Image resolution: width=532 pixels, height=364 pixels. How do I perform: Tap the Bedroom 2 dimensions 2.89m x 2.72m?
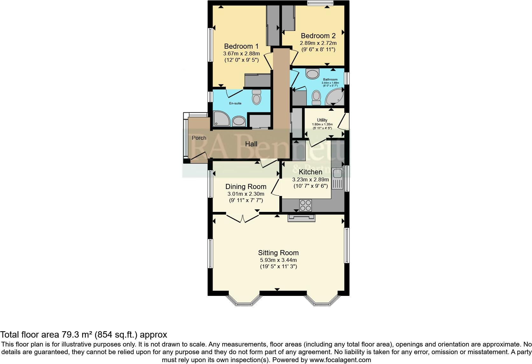pos(318,43)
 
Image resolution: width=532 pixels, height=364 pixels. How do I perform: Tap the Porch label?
pos(199,138)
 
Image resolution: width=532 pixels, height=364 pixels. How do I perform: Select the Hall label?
pos(251,144)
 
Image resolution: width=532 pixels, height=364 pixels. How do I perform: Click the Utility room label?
pos(322,120)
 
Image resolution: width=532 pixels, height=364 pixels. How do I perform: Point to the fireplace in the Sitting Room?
pos(301,218)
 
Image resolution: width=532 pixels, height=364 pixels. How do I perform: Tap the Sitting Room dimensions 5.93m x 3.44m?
pos(278,260)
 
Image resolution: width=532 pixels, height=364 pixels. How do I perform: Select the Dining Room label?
pos(246,186)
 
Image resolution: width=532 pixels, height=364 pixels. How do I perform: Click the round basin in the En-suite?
pos(239,121)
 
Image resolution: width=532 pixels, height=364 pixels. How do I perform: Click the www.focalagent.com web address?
pos(340,360)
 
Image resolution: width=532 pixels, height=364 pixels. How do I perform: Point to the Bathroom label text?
pos(330,80)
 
